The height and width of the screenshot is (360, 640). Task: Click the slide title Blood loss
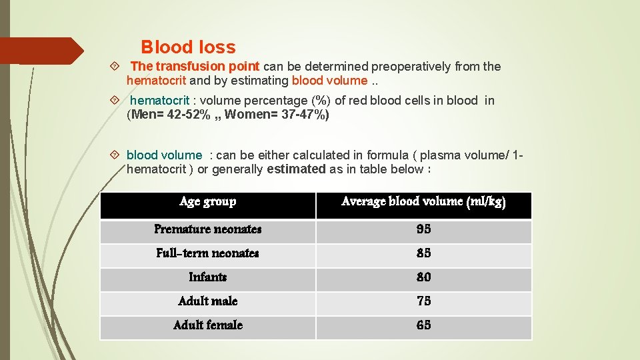point(188,47)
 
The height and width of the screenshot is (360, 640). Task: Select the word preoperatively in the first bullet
point(411,67)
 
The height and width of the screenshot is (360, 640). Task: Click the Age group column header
point(208,201)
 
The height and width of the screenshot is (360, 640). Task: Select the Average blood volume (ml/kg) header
point(423,201)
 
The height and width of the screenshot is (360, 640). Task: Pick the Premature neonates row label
point(208,229)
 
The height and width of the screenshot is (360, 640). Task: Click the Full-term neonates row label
point(208,253)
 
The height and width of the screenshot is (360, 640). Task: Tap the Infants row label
point(208,277)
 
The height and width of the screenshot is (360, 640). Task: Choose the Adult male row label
point(208,301)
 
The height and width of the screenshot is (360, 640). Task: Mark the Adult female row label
point(208,325)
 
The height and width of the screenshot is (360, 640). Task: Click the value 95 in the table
point(423,229)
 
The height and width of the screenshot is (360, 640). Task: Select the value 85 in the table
point(423,253)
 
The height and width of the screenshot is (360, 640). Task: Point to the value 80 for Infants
point(423,277)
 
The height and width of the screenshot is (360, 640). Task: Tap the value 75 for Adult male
point(423,301)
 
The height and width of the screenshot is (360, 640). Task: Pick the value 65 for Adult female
point(423,325)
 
